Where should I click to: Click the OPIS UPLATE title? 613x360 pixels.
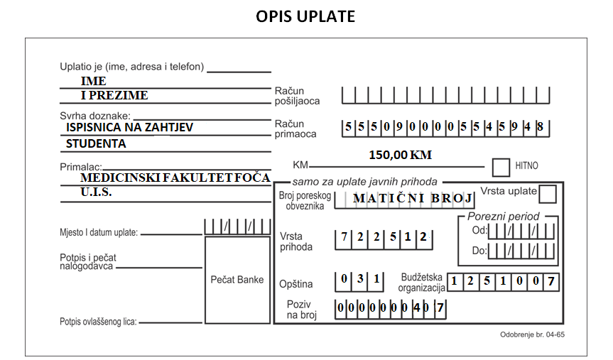tap(305, 16)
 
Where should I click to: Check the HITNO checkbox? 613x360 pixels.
tap(501, 168)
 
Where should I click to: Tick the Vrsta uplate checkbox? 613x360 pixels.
tap(548, 194)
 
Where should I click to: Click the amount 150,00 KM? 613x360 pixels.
tap(401, 155)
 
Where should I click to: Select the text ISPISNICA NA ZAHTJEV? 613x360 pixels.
tap(129, 127)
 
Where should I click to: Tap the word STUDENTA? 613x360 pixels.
tap(96, 144)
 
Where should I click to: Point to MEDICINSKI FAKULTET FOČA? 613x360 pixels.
tap(175, 178)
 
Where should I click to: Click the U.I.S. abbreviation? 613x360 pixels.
tap(96, 192)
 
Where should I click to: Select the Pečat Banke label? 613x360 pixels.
tap(237, 280)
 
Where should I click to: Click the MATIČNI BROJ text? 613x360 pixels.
tap(413, 198)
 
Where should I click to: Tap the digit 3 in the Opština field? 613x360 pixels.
tap(360, 278)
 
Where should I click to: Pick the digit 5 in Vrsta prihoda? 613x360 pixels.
tap(393, 236)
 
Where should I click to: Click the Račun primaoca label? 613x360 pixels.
tap(295, 129)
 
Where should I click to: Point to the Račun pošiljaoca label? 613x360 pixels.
tap(297, 96)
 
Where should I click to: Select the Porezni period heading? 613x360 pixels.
tap(503, 216)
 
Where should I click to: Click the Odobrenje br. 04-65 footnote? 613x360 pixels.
tap(532, 334)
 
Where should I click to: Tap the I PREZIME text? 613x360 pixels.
tap(114, 95)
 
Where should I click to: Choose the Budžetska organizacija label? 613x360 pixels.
tap(421, 283)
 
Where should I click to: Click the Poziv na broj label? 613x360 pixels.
tap(301, 310)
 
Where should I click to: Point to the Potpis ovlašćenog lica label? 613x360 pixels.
tap(98, 322)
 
